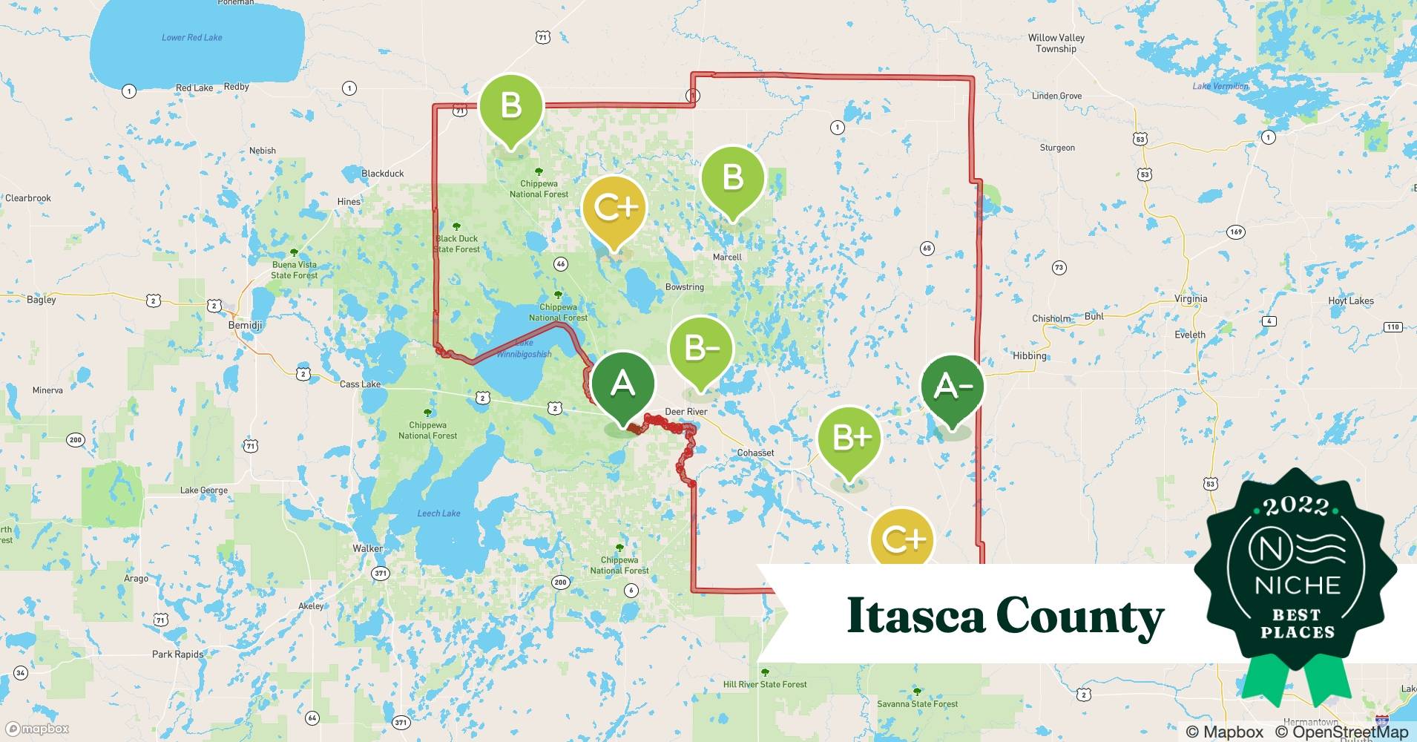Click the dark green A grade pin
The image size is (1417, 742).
pos(622,384)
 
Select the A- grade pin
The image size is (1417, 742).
pos(953,386)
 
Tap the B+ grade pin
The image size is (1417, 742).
pos(850,439)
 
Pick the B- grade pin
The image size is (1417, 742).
pos(700,348)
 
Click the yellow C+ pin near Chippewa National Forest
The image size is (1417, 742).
pos(614,208)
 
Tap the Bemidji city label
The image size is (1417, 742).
pos(245,326)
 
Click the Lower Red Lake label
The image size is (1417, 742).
pos(191,37)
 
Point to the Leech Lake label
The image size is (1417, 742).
pos(438,513)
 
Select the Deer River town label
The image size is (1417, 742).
pos(686,412)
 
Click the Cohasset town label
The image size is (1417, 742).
pos(755,453)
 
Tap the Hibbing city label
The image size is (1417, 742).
pos(1029,356)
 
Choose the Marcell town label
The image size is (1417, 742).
pos(727,257)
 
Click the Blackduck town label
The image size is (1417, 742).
pos(383,174)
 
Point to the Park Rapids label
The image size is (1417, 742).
pos(177,654)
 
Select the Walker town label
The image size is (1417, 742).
pos(368,549)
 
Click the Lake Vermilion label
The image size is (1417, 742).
pos(1220,87)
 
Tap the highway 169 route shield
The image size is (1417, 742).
pos(1235,232)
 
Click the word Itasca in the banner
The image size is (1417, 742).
pos(915,616)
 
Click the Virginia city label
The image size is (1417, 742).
pos(1191,299)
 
